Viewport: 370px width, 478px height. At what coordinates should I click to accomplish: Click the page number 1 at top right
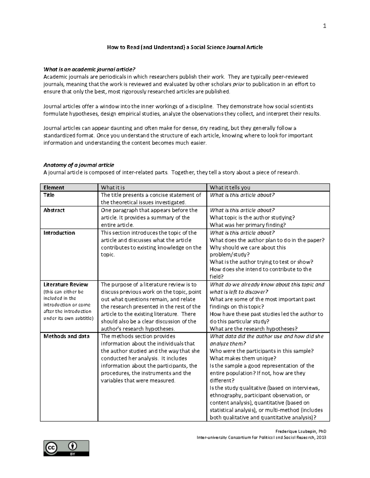(x=324, y=26)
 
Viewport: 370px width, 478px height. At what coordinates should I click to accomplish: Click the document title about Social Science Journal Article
(x=185, y=47)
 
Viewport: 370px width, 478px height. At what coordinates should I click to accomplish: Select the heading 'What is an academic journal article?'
(x=89, y=69)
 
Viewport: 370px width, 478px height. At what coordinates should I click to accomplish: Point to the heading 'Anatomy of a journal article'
(x=79, y=165)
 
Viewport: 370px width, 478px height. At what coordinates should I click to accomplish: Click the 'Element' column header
(x=54, y=187)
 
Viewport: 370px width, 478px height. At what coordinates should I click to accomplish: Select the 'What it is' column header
(x=113, y=187)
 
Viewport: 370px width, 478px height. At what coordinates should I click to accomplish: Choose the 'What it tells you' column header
(x=230, y=187)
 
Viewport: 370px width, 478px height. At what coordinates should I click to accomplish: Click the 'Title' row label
(x=49, y=195)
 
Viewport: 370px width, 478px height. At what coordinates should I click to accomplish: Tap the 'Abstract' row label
(x=54, y=210)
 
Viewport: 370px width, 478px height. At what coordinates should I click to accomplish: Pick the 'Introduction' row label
(x=59, y=233)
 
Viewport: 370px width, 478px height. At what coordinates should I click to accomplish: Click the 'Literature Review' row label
(x=66, y=284)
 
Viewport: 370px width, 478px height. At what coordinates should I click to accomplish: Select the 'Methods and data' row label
(x=67, y=336)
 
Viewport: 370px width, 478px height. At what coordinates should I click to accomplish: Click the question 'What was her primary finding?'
(x=248, y=225)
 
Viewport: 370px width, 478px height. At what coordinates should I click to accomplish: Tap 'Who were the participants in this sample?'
(x=262, y=351)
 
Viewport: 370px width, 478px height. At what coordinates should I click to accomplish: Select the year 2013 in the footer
(x=321, y=437)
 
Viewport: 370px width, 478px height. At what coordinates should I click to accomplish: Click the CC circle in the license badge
(x=51, y=448)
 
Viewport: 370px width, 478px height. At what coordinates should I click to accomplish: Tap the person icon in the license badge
(x=73, y=446)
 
